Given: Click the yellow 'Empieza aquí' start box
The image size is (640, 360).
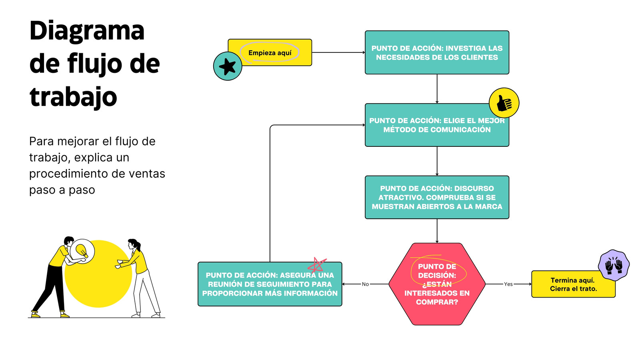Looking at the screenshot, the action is click(270, 52).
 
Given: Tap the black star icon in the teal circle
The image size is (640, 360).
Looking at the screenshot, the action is click(228, 66).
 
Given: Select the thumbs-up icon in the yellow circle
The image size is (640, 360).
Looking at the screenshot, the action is click(504, 103).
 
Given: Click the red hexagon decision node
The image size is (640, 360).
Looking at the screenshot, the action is click(437, 284).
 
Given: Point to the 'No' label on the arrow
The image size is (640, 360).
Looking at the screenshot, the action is click(365, 284).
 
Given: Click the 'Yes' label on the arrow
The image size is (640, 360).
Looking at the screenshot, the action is click(508, 284).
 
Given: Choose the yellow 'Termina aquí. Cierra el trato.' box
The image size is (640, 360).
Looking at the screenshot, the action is click(573, 284).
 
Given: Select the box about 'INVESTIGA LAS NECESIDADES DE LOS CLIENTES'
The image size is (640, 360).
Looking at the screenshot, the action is click(437, 52).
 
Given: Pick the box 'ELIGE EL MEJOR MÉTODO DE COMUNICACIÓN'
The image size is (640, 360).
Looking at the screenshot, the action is click(437, 125).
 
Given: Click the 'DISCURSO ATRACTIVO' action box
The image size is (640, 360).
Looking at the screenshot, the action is click(437, 198).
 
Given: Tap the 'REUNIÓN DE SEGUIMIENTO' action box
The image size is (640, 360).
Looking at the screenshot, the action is click(270, 284).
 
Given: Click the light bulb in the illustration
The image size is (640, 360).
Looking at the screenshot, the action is click(82, 251).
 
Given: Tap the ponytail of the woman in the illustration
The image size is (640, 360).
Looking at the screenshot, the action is click(138, 246).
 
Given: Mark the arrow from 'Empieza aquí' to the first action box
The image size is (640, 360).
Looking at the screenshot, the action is click(338, 52).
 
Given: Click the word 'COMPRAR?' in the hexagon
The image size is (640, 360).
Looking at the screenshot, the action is click(437, 302).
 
